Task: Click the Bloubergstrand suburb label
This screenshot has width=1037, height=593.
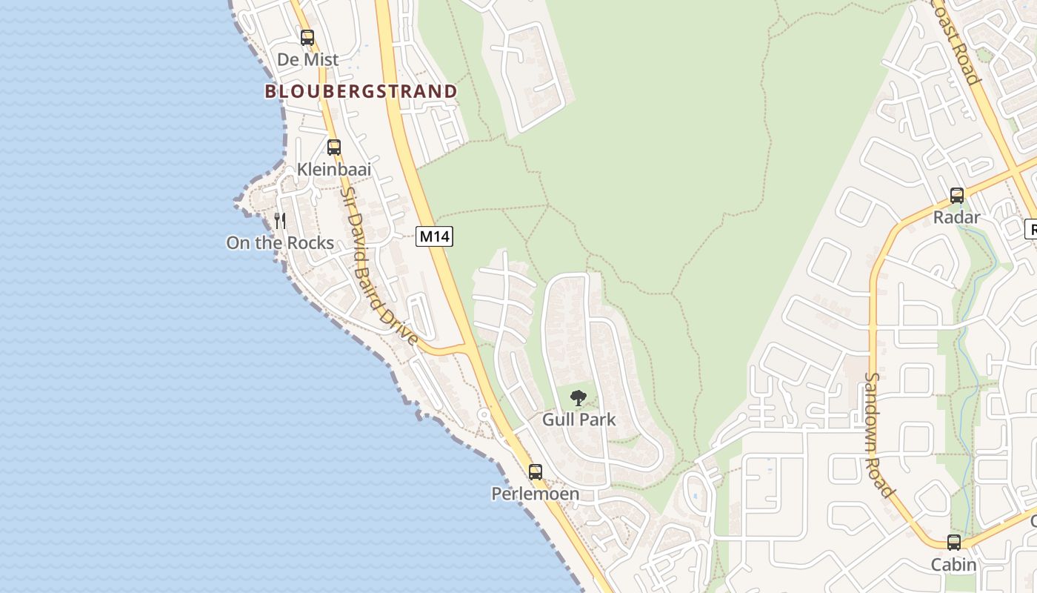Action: click(361, 92)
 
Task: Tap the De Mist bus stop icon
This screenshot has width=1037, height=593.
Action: click(307, 37)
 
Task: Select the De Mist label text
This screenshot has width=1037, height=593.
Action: click(307, 59)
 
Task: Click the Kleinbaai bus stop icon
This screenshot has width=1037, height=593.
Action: click(334, 147)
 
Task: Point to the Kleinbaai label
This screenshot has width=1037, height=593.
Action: click(334, 169)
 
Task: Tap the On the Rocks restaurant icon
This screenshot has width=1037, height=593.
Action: click(280, 220)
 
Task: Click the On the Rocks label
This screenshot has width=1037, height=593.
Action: click(280, 242)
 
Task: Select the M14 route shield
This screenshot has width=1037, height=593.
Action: click(434, 236)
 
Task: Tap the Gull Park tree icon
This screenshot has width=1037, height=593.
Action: click(578, 398)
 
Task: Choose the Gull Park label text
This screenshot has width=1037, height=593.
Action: click(578, 420)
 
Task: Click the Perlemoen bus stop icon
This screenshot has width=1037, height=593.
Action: click(535, 471)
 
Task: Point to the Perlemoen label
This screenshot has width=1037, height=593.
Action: click(535, 494)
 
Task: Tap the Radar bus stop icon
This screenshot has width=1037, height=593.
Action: click(957, 196)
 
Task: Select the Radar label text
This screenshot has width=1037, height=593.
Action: click(957, 217)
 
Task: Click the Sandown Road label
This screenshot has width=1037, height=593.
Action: click(878, 434)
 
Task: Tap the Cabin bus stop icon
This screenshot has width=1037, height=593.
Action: click(954, 543)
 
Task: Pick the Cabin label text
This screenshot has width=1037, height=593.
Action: click(954, 565)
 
